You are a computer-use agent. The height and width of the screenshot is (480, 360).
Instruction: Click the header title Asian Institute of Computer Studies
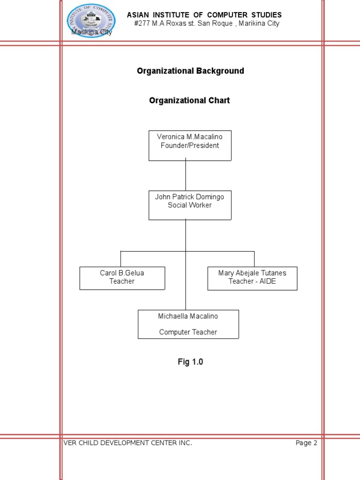coord(204,15)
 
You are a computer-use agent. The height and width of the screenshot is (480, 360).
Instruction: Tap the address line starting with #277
coord(206,23)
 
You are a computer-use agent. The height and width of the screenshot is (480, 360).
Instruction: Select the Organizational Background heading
coord(190,71)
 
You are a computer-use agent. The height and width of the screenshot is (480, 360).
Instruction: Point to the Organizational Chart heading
coord(189,100)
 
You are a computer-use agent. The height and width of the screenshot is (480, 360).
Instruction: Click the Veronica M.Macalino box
coord(190,145)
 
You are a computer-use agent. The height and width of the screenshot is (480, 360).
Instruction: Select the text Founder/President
coord(190,145)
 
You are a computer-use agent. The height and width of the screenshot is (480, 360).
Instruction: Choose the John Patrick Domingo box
coord(190,205)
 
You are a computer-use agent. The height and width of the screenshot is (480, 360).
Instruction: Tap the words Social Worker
coord(190,205)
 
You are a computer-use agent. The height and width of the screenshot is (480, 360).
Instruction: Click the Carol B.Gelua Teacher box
coord(122,278)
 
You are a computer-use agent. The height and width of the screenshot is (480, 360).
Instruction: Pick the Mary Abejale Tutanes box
coord(252,278)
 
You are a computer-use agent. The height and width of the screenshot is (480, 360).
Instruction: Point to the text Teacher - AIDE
coord(252,281)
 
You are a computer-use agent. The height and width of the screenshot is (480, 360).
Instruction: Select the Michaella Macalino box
coord(188,324)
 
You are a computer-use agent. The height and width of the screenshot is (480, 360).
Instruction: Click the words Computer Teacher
coord(188,332)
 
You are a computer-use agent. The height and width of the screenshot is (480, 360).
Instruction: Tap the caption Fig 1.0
coord(190,362)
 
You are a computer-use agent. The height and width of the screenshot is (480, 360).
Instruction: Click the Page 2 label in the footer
coord(306,443)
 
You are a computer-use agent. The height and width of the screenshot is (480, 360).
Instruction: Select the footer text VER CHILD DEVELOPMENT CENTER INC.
coord(127,443)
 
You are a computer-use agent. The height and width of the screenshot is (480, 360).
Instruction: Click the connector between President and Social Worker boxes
coord(186,175)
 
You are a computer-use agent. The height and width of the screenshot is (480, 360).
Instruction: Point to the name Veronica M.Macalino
coord(190,137)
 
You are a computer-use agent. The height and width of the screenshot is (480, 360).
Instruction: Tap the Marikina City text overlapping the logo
coord(91,32)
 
